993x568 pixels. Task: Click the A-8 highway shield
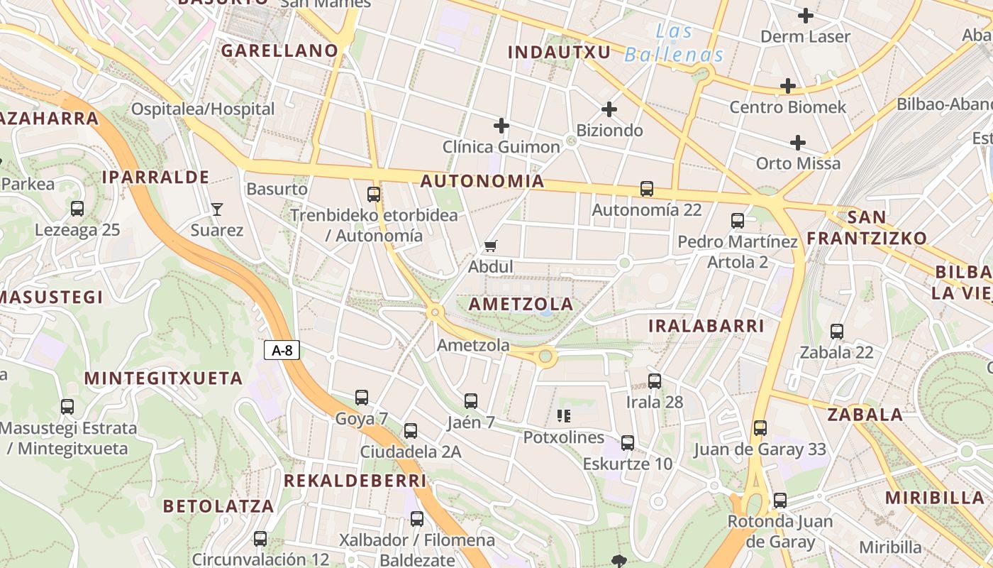pyautogui.click(x=282, y=349)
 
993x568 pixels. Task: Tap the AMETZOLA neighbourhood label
pyautogui.click(x=521, y=304)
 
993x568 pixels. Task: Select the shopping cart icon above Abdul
pyautogui.click(x=490, y=246)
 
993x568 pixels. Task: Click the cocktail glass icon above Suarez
pyautogui.click(x=217, y=209)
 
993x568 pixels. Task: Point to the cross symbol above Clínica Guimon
pyautogui.click(x=501, y=126)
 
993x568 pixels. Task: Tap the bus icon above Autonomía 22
pyautogui.click(x=647, y=189)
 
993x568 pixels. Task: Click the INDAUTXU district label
pyautogui.click(x=560, y=52)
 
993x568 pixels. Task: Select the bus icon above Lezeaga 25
pyautogui.click(x=77, y=209)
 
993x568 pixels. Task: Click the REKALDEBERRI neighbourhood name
pyautogui.click(x=355, y=481)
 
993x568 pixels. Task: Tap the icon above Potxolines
pyautogui.click(x=564, y=415)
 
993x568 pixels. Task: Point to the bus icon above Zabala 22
pyautogui.click(x=837, y=331)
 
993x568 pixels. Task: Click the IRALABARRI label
pyautogui.click(x=706, y=326)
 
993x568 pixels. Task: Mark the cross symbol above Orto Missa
pyautogui.click(x=798, y=143)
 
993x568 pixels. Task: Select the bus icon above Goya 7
pyautogui.click(x=362, y=398)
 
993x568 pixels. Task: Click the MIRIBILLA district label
pyautogui.click(x=935, y=498)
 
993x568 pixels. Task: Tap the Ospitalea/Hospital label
pyautogui.click(x=203, y=109)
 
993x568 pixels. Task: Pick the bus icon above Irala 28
pyautogui.click(x=655, y=381)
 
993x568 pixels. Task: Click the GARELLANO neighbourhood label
pyautogui.click(x=279, y=50)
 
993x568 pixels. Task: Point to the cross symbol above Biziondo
pyautogui.click(x=609, y=109)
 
